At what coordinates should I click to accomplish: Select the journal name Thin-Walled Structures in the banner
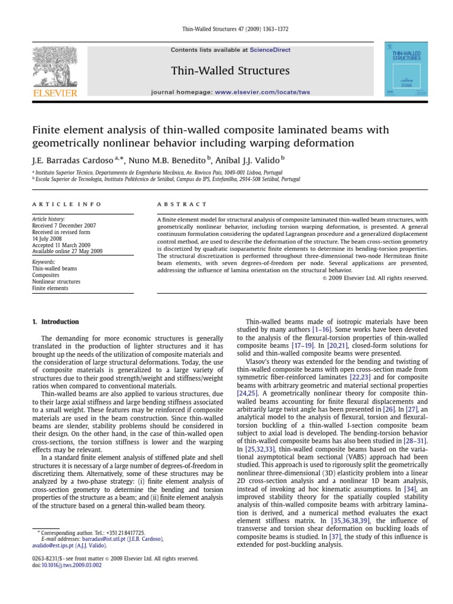(222, 71)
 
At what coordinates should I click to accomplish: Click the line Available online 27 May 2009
(67, 251)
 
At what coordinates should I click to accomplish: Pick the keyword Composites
(47, 274)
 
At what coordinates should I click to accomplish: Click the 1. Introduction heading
(54, 321)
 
